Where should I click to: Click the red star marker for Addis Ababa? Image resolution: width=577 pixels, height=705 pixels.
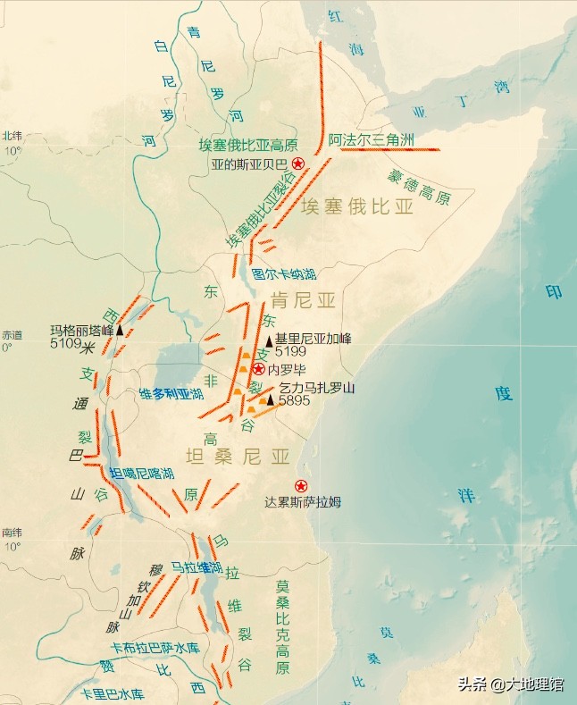(298, 164)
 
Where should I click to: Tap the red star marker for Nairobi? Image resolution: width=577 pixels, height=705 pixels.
(258, 369)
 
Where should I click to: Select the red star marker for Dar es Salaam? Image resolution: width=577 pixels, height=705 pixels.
(300, 486)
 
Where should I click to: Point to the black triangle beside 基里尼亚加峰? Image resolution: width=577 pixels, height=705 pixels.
(269, 340)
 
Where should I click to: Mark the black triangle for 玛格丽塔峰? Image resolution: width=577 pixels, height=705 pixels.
(120, 331)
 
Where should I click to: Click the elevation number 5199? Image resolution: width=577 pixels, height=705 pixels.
(290, 352)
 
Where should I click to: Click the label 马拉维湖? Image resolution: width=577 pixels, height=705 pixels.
(197, 567)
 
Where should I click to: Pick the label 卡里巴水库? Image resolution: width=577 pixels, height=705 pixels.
(113, 693)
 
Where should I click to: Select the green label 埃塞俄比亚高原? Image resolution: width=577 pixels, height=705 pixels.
(247, 145)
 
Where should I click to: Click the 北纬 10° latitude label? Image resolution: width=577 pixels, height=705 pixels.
(12, 143)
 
